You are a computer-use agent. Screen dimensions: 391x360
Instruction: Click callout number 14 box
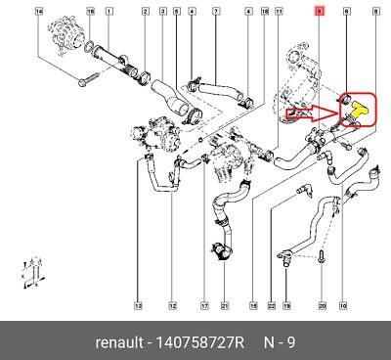tap(39, 12)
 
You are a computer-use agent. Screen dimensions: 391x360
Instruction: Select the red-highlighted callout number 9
tap(319, 12)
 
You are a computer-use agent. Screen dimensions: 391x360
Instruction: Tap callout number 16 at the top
tap(91, 12)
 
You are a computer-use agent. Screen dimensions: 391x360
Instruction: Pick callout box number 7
tap(216, 12)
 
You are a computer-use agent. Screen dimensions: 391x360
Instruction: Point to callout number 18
tap(265, 12)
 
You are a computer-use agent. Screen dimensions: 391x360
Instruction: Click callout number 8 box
tap(375, 12)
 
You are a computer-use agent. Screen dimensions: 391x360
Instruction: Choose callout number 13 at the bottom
tap(139, 306)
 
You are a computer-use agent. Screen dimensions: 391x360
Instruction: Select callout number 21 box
tap(225, 306)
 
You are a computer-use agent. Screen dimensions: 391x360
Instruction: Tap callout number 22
tap(272, 306)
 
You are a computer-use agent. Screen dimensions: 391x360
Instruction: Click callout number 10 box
tap(343, 306)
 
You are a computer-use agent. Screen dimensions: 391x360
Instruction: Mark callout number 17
tap(204, 306)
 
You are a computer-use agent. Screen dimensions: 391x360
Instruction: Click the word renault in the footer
tap(119, 343)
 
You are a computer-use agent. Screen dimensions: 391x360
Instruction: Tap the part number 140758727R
tap(200, 342)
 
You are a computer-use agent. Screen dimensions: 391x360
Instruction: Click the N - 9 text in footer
tap(280, 342)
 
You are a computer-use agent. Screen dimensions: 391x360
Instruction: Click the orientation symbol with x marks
tap(33, 273)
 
